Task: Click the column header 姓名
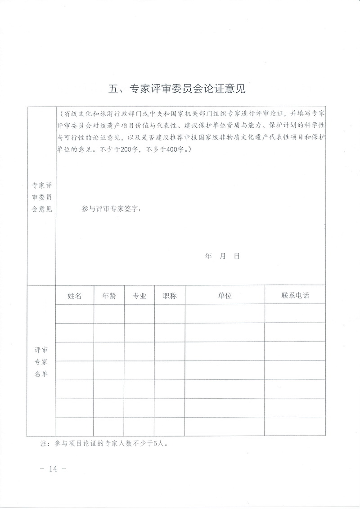pos(75,295)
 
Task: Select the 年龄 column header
pos(109,295)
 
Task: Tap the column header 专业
pos(139,295)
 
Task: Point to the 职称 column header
pos(170,295)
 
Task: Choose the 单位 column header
pos(225,295)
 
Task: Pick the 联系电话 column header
pos(295,295)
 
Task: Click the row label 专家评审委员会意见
pos(41,197)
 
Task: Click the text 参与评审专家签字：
pos(112,209)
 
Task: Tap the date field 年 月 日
pos(222,256)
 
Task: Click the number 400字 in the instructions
pos(176,150)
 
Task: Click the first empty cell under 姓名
pos(75,313)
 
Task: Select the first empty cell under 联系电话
pos(295,313)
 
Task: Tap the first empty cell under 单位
pos(225,313)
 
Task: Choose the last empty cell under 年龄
pos(109,426)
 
